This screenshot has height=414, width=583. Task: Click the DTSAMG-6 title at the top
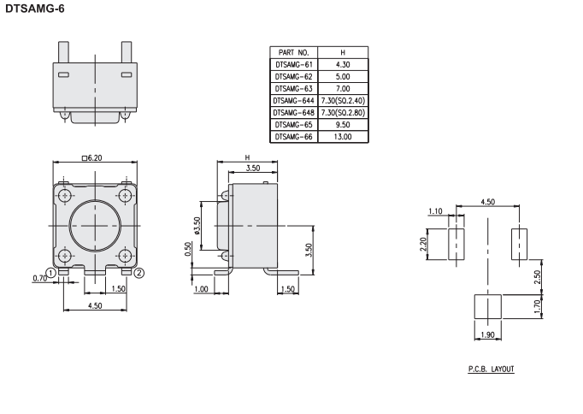click(35, 9)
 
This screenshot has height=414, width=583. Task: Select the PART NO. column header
click(293, 52)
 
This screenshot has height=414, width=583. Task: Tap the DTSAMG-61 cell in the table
click(294, 64)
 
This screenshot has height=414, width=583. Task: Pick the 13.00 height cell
click(343, 137)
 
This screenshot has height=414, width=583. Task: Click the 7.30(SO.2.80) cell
click(343, 112)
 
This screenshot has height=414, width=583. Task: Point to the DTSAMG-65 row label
click(294, 125)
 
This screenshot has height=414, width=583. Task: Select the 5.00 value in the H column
click(343, 77)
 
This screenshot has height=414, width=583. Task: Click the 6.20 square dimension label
click(91, 158)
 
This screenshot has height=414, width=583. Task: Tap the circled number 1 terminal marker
click(51, 274)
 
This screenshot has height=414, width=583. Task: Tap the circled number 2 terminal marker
click(138, 273)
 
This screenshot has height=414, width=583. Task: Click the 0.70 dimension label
click(40, 278)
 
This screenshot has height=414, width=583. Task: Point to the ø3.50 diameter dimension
click(197, 226)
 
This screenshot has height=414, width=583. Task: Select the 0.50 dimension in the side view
click(188, 249)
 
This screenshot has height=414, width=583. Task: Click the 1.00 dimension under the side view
click(201, 289)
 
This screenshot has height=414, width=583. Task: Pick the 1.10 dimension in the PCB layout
click(435, 211)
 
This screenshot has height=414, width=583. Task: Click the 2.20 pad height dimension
click(423, 244)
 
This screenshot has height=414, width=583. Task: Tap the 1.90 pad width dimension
click(487, 334)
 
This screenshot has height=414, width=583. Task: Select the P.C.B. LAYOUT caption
click(492, 369)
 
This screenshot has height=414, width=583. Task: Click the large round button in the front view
click(96, 226)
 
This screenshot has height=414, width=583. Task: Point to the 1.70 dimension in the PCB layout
click(537, 307)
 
